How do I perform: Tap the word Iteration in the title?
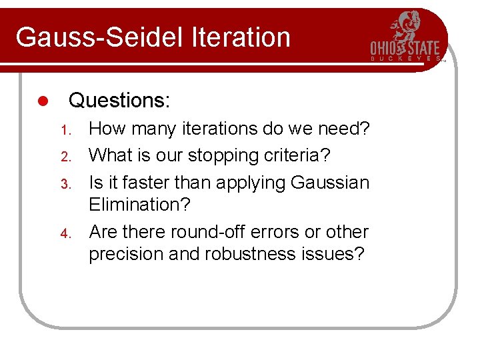[x=241, y=37]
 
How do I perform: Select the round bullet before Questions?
[x=41, y=101]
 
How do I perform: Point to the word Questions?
[x=120, y=101]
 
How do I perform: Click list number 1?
[x=65, y=129]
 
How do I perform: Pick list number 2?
[x=65, y=156]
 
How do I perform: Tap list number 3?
[x=65, y=183]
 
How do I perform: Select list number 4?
[x=65, y=233]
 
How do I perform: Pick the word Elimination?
[x=139, y=205]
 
